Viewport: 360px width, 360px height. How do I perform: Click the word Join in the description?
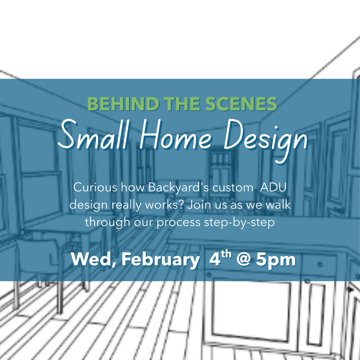199,205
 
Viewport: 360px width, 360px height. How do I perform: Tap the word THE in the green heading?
179,104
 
